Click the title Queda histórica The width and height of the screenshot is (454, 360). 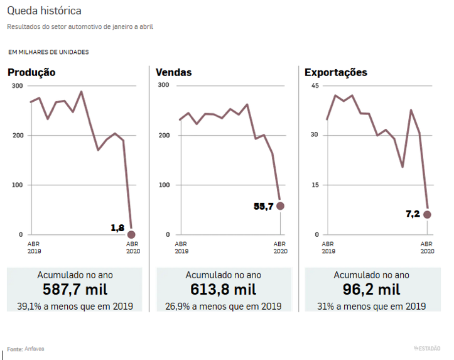click(x=44, y=11)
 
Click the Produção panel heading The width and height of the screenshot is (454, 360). click(x=31, y=72)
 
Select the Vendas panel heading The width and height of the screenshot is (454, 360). click(x=174, y=72)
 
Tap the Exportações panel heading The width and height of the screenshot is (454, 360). click(x=336, y=72)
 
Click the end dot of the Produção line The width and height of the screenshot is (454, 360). click(x=131, y=234)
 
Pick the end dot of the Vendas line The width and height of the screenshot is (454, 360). click(x=280, y=206)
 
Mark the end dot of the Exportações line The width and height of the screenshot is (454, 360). click(x=428, y=214)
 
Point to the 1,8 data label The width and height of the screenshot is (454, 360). click(x=117, y=228)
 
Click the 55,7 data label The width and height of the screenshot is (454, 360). click(x=263, y=206)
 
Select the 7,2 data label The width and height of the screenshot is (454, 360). click(x=413, y=214)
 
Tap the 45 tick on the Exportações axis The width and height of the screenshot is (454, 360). click(x=315, y=85)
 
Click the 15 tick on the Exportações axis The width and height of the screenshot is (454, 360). click(x=315, y=185)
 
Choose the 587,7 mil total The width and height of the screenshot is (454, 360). click(x=75, y=290)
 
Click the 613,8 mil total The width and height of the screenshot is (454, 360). click(x=224, y=290)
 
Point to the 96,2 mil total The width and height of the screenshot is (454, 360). click(x=372, y=290)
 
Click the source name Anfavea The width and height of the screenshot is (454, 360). click(x=35, y=349)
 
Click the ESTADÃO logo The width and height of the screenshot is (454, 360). click(x=429, y=349)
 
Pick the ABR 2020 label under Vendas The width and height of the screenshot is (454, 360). click(x=280, y=247)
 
